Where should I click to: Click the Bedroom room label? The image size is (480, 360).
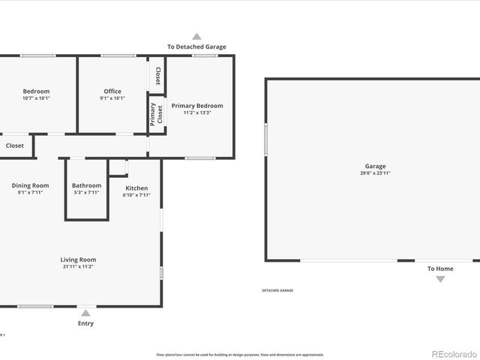click(x=36, y=91)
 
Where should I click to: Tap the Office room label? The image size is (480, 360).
click(x=112, y=91)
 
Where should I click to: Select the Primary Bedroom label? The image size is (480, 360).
click(x=197, y=106)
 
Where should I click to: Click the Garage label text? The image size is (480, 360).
click(x=375, y=166)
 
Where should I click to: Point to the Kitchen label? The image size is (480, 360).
click(x=136, y=188)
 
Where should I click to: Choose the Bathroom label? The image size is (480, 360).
click(x=86, y=185)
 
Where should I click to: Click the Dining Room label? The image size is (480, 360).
click(x=30, y=185)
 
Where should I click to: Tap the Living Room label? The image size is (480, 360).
click(x=78, y=259)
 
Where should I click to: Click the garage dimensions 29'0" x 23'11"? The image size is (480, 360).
click(x=375, y=173)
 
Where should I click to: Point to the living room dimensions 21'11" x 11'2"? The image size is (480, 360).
click(x=78, y=266)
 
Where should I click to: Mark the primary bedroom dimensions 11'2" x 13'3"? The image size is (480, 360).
click(x=197, y=112)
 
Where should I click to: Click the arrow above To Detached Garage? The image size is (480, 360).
click(x=196, y=36)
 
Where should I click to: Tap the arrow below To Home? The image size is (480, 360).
click(x=440, y=279)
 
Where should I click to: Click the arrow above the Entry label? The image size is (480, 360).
click(x=86, y=313)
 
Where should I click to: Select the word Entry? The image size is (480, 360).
click(x=86, y=323)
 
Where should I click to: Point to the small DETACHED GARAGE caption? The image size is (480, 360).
click(x=277, y=290)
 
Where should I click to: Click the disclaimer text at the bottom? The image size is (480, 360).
click(x=240, y=354)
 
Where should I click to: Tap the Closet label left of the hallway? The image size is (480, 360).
click(x=15, y=145)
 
